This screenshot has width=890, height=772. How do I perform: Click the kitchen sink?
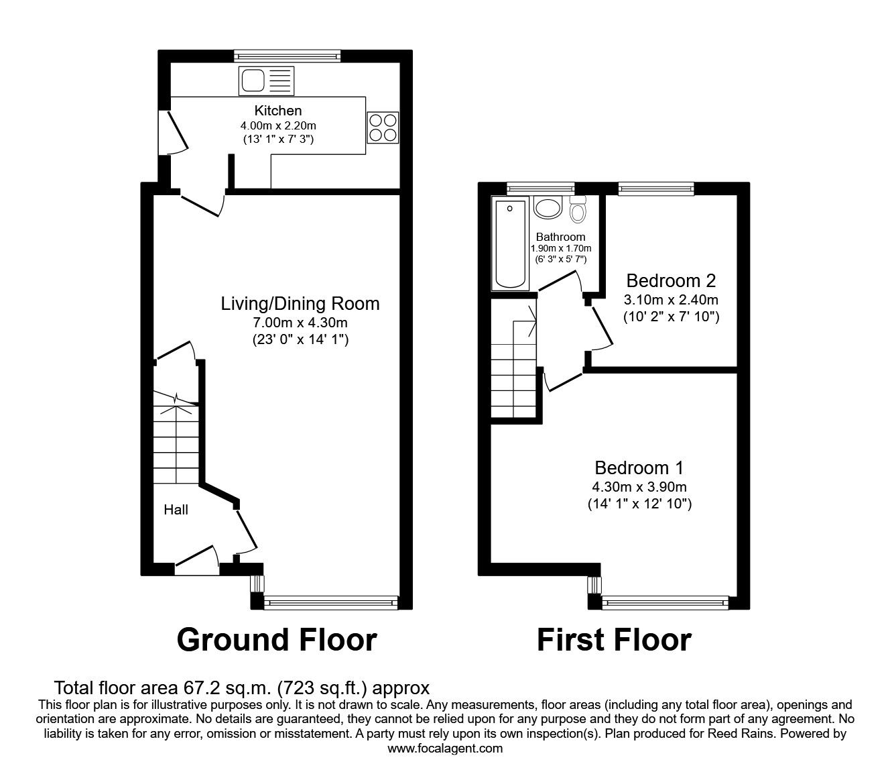click(x=265, y=81)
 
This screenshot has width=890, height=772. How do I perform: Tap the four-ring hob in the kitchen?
click(x=383, y=127)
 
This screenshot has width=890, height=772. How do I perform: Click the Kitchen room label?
click(x=278, y=111)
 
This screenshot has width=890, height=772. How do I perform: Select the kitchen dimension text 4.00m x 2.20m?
click(x=278, y=125)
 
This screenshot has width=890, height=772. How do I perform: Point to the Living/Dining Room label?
click(x=300, y=304)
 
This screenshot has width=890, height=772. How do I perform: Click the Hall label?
click(x=176, y=510)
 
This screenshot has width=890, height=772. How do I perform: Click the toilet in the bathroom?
click(x=578, y=209)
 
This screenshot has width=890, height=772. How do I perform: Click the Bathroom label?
click(x=560, y=237)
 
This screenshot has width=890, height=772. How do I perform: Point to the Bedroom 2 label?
click(x=671, y=280)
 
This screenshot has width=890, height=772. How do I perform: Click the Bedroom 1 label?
click(x=639, y=467)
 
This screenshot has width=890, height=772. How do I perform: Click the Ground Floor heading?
click(x=277, y=640)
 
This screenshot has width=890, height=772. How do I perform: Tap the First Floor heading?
click(x=614, y=640)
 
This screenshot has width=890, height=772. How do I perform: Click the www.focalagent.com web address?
click(x=445, y=749)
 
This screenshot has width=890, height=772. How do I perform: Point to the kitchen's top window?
click(x=288, y=56)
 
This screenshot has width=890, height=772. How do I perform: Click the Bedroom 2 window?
click(x=655, y=189)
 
